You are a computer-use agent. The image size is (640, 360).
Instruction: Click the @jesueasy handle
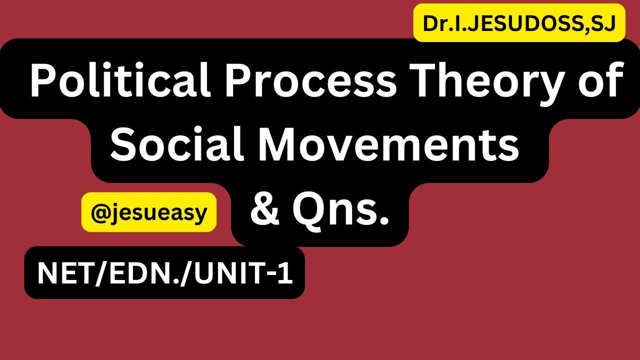pyautogui.click(x=149, y=212)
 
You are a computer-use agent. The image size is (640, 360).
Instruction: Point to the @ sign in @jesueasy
pyautogui.click(x=98, y=212)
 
